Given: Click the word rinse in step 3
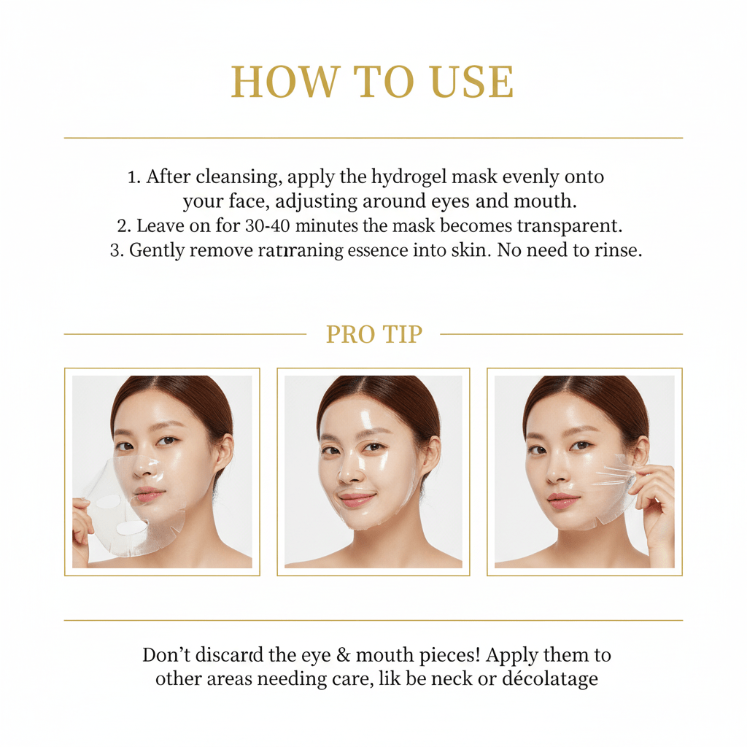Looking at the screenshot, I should coord(617,249).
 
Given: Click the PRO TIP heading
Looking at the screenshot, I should coord(373,334).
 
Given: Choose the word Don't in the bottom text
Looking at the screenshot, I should coord(166,655).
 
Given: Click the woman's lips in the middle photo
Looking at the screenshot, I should coord(356,500).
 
